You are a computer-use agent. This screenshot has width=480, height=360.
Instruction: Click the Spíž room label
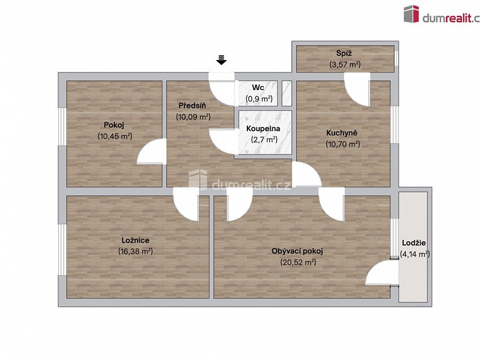344,53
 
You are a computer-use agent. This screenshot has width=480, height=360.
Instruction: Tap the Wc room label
258,88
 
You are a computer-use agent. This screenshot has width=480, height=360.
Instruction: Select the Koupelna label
263,128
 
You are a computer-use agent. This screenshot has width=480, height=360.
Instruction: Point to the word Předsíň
192,106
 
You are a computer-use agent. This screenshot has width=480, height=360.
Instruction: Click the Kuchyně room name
342,133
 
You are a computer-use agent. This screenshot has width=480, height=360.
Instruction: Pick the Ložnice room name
135,240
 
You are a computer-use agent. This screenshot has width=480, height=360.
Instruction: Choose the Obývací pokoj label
297,251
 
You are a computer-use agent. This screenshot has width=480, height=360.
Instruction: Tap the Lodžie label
414,243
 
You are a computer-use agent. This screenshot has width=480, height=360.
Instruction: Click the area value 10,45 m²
115,136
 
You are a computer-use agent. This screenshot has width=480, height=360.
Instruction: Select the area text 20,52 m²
298,262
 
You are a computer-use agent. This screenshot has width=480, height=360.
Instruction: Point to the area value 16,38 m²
135,251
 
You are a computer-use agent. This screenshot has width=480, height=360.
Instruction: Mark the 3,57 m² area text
345,65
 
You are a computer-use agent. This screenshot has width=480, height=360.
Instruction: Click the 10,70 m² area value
342,144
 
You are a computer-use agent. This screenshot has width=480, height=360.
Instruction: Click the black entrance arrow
221,59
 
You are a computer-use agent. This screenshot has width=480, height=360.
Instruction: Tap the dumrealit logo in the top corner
442,14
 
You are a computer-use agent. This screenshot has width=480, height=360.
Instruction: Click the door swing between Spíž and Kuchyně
357,89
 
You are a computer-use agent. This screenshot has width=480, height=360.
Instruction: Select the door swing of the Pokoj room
152,152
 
